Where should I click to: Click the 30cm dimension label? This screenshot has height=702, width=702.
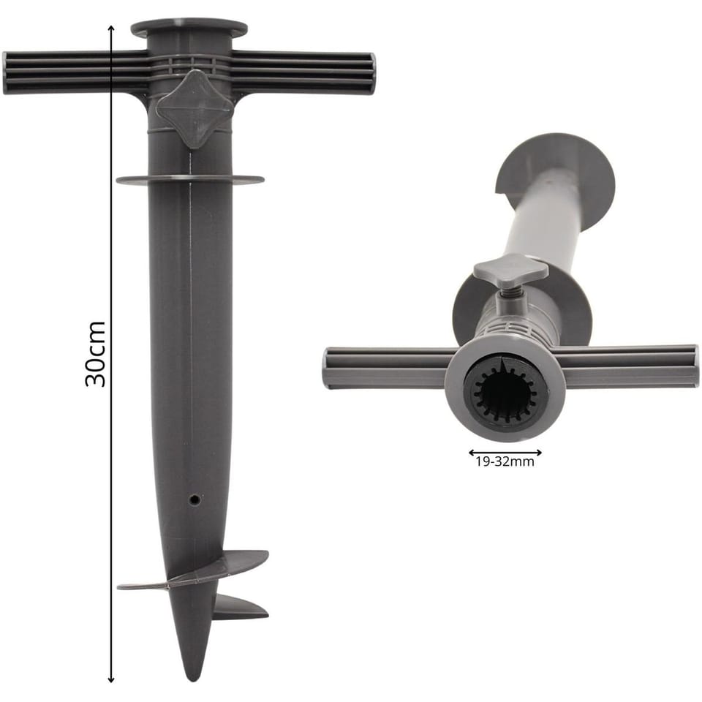click(x=95, y=353)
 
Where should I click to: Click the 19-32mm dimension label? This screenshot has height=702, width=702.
click(x=505, y=461)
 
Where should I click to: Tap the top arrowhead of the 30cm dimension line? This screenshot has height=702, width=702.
click(x=111, y=29)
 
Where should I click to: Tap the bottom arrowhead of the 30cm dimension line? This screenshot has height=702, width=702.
click(x=111, y=679)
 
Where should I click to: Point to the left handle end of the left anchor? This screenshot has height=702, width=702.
click(x=6, y=73)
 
